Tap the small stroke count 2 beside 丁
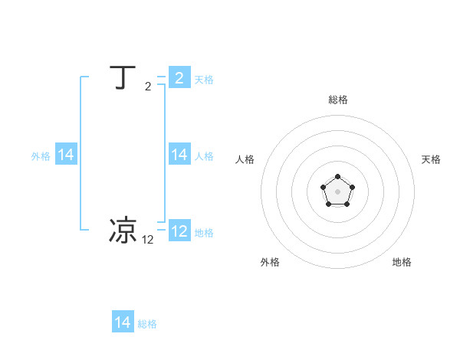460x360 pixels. tap(148, 87)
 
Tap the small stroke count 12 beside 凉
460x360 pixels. tap(148, 240)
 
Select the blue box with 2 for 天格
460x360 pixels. tap(179, 78)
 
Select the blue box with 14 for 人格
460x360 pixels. tap(179, 155)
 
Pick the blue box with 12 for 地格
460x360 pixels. tap(179, 231)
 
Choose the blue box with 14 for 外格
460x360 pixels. tap(66, 155)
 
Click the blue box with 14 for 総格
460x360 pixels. tap(123, 322)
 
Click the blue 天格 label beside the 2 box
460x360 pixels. tap(204, 80)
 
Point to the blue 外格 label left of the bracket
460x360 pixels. tap(41, 156)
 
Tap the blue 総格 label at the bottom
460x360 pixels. tap(147, 324)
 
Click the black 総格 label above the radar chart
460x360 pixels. tap(337, 100)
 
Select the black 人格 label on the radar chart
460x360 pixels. tap(245, 159)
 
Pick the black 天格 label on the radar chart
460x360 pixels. tap(431, 159)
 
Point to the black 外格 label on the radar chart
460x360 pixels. tap(270, 262)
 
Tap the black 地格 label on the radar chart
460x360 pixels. tap(402, 262)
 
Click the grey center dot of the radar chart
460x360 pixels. tap(337, 191)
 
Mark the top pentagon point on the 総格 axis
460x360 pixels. tap(337, 177)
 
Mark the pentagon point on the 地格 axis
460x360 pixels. tap(346, 204)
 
